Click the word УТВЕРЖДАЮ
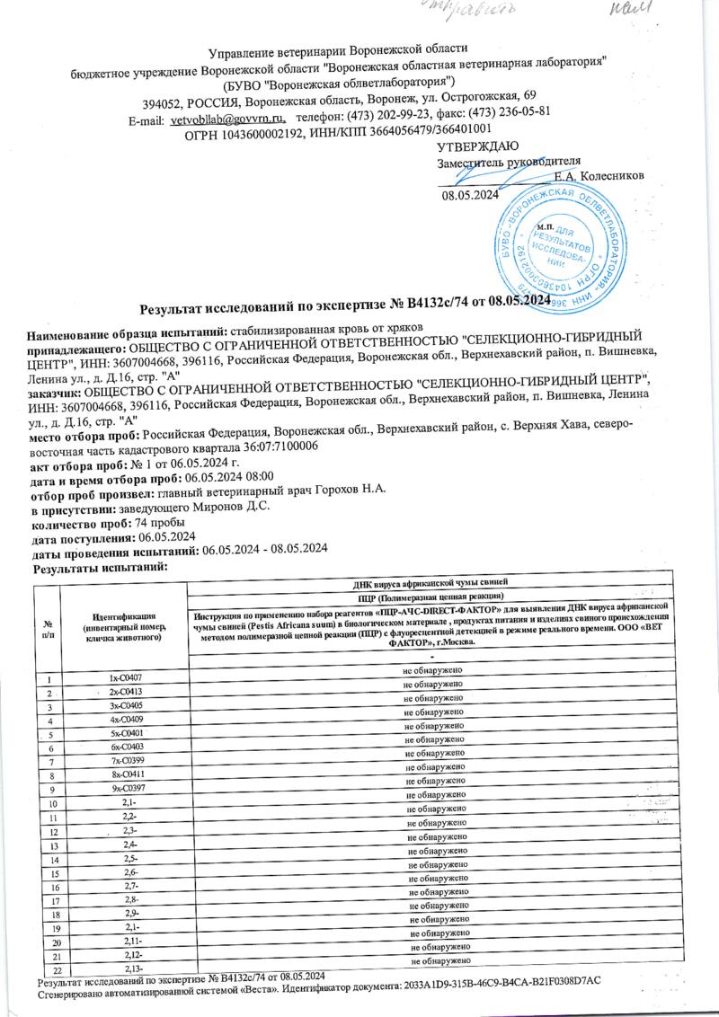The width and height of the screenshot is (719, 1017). pyautogui.click(x=476, y=146)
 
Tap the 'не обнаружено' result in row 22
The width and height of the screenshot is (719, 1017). pyautogui.click(x=440, y=961)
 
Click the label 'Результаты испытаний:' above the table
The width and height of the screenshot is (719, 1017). pyautogui.click(x=101, y=569)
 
